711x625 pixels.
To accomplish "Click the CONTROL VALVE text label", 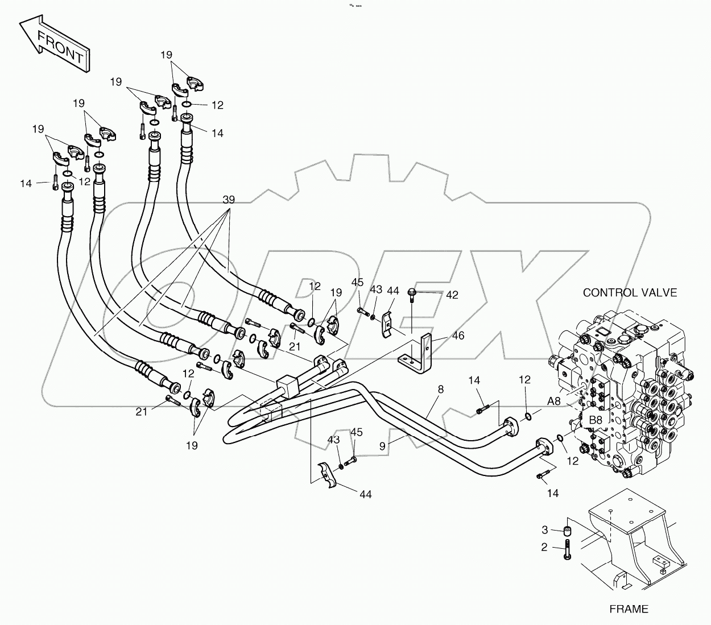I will [x=630, y=292].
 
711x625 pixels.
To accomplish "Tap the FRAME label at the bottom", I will [x=629, y=609].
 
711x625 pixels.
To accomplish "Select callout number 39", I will [x=229, y=200].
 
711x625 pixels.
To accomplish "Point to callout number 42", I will [x=452, y=295].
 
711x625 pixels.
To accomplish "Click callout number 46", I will [x=458, y=336].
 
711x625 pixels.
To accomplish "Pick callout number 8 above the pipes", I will [x=440, y=390].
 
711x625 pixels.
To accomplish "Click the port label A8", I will [x=554, y=402].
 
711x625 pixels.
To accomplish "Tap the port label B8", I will [x=595, y=420].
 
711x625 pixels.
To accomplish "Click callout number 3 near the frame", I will [x=544, y=530].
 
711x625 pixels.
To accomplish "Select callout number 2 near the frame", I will [x=544, y=547].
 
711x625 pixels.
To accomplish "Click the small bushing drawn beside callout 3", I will [x=567, y=531].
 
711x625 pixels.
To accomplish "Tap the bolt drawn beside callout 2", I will [x=567, y=551].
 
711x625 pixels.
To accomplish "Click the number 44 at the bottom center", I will [x=365, y=494].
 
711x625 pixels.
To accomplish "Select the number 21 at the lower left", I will [x=142, y=411].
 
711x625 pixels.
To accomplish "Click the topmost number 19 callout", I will [x=166, y=55].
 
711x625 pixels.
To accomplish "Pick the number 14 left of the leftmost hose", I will [x=26, y=183].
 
